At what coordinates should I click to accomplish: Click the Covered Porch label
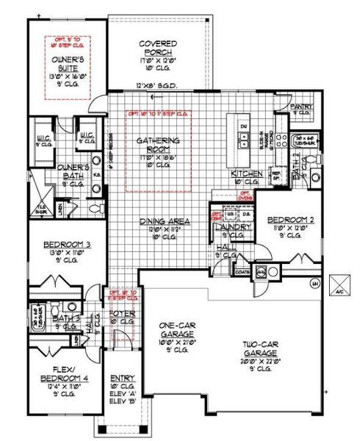(x=156, y=49)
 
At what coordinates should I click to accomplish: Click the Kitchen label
(x=247, y=173)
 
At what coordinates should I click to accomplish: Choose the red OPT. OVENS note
(x=245, y=195)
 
